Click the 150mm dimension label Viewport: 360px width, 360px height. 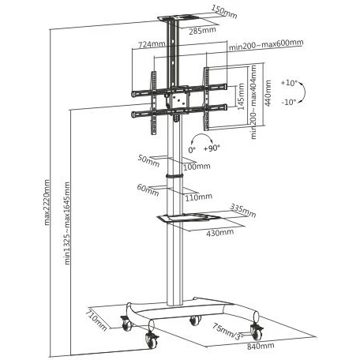click(224, 12)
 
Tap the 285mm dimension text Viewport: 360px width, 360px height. click(202, 31)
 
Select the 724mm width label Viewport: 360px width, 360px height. click(152, 44)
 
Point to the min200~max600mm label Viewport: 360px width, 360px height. click(266, 44)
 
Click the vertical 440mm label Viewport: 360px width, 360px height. click(268, 93)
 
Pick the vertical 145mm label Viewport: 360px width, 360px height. click(241, 96)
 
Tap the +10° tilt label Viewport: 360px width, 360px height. click(288, 83)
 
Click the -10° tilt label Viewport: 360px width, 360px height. click(289, 102)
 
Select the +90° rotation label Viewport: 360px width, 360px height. click(212, 148)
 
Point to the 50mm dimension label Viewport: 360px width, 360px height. click(148, 161)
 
